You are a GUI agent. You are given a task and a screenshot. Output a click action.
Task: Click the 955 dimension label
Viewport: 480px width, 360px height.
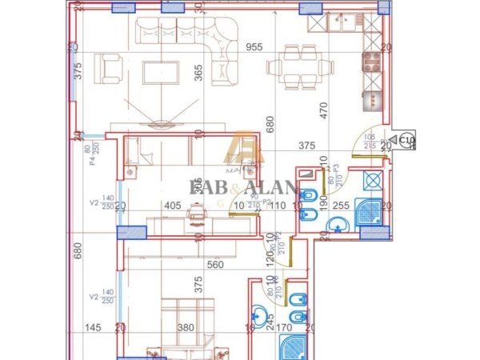click(x=254, y=46)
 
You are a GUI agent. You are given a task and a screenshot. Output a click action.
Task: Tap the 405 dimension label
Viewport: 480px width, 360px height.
click(x=170, y=206)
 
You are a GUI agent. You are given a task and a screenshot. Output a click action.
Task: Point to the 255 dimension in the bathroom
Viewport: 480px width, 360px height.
click(x=339, y=206)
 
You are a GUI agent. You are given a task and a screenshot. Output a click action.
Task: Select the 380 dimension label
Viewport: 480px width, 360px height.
click(x=186, y=327)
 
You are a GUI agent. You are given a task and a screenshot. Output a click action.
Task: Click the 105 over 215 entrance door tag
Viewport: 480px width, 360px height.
click(x=369, y=142)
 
